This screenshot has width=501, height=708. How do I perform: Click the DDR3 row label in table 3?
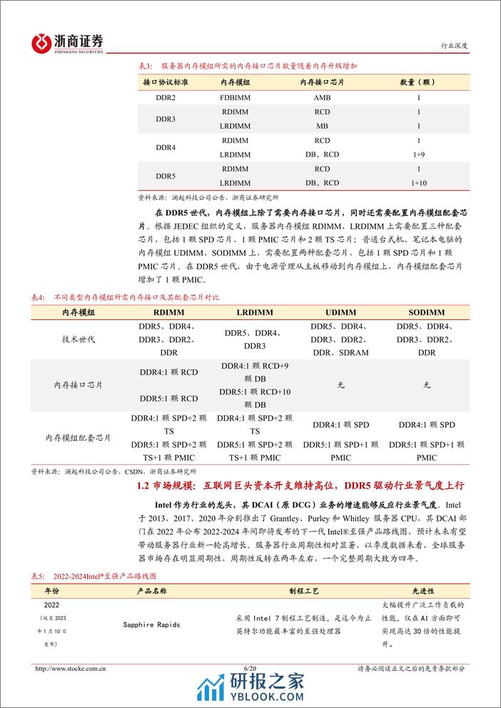click(x=165, y=119)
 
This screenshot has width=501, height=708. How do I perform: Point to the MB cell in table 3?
click(x=322, y=126)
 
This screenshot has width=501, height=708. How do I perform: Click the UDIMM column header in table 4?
click(x=340, y=312)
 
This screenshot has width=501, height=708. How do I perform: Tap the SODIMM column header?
click(x=427, y=312)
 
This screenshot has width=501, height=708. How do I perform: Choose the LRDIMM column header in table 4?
click(x=255, y=312)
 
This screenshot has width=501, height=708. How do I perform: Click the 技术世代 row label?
click(x=79, y=339)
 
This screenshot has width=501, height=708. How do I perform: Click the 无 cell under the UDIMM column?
click(x=340, y=385)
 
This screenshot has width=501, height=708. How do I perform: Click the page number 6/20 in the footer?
click(x=250, y=669)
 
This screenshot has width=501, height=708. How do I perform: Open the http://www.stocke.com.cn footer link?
click(x=71, y=669)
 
